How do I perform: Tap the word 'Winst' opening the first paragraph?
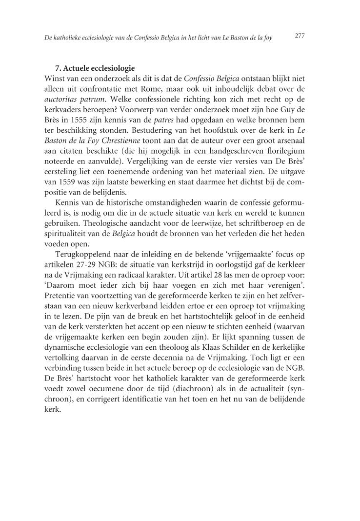click(54, 77)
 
